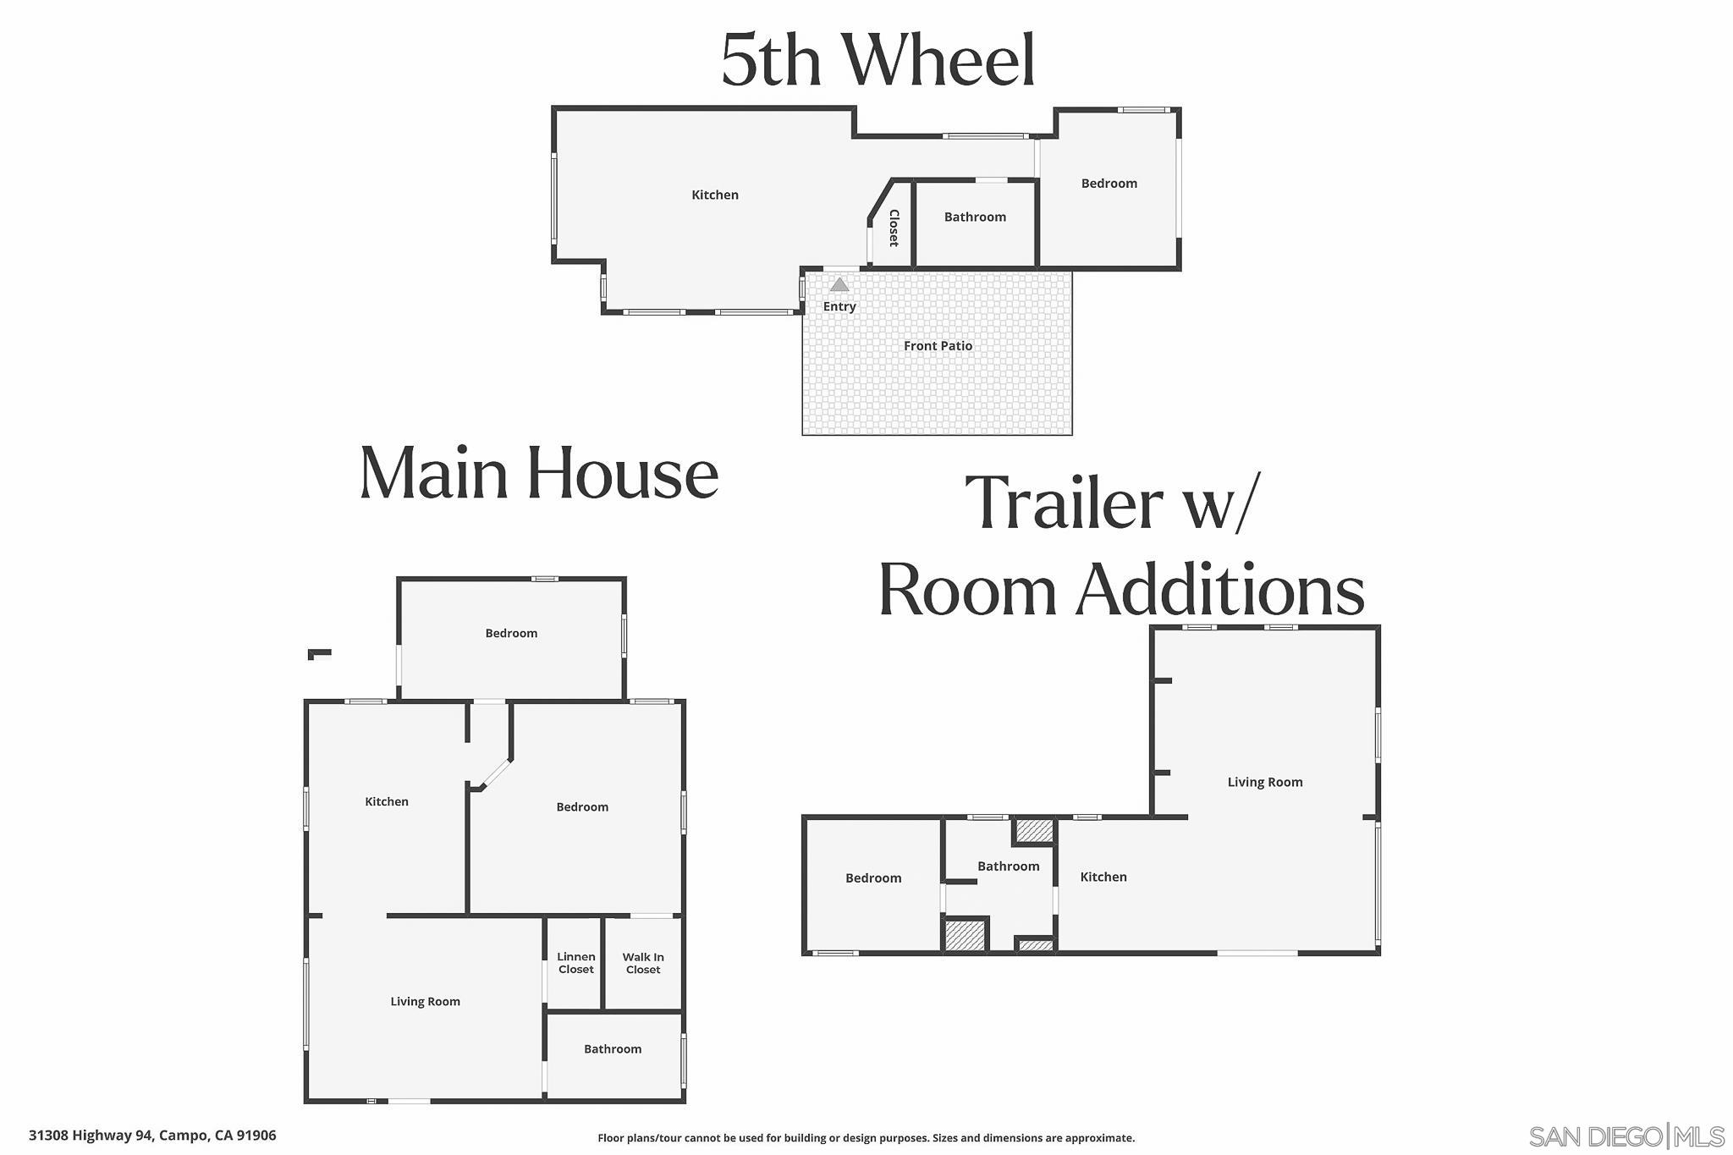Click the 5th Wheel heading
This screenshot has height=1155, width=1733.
click(878, 60)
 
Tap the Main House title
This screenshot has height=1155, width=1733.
click(539, 473)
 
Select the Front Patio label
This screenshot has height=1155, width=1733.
click(938, 345)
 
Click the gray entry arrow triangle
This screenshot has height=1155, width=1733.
click(839, 284)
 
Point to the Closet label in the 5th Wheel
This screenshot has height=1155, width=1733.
click(894, 228)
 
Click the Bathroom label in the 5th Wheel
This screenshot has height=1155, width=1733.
click(975, 217)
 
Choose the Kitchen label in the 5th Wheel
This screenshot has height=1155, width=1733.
click(715, 195)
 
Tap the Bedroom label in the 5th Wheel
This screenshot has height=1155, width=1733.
click(1109, 183)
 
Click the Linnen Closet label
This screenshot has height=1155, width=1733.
click(576, 963)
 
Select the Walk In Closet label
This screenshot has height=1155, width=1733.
click(643, 963)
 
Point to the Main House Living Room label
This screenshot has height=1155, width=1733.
click(425, 1001)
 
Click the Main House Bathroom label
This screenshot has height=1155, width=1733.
click(613, 1048)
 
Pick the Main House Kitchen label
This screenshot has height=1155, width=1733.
click(387, 801)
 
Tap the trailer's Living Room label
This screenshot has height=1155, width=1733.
click(1265, 782)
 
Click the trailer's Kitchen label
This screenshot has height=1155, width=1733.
click(1103, 877)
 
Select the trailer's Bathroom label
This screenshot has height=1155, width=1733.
click(1008, 866)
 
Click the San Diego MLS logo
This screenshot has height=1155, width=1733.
click(1626, 1136)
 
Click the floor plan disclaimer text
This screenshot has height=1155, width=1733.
click(866, 1138)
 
